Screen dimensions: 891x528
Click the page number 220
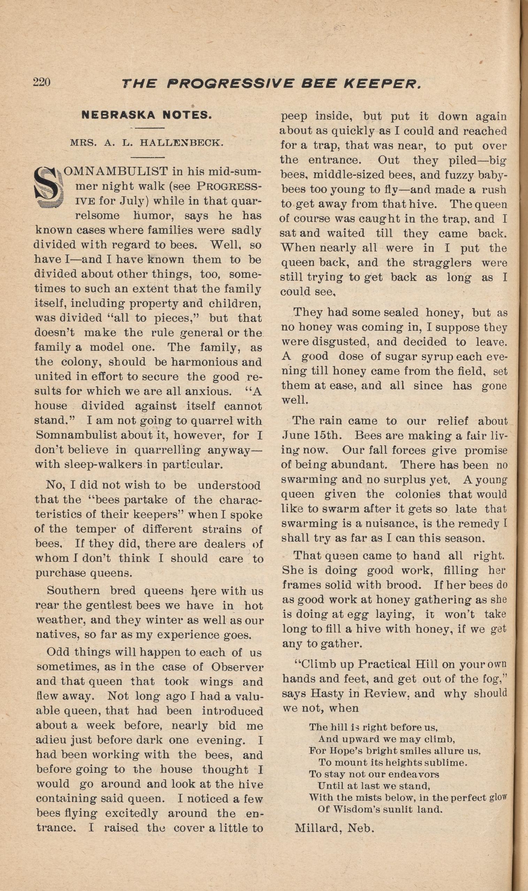tap(41, 82)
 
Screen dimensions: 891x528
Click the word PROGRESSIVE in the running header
tap(231, 84)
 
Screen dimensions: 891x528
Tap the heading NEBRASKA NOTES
tap(147, 115)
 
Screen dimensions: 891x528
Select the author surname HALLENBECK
tap(182, 143)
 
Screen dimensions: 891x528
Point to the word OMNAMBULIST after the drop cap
tap(116, 171)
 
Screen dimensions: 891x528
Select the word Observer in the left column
tap(237, 667)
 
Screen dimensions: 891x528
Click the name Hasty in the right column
tap(323, 693)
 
